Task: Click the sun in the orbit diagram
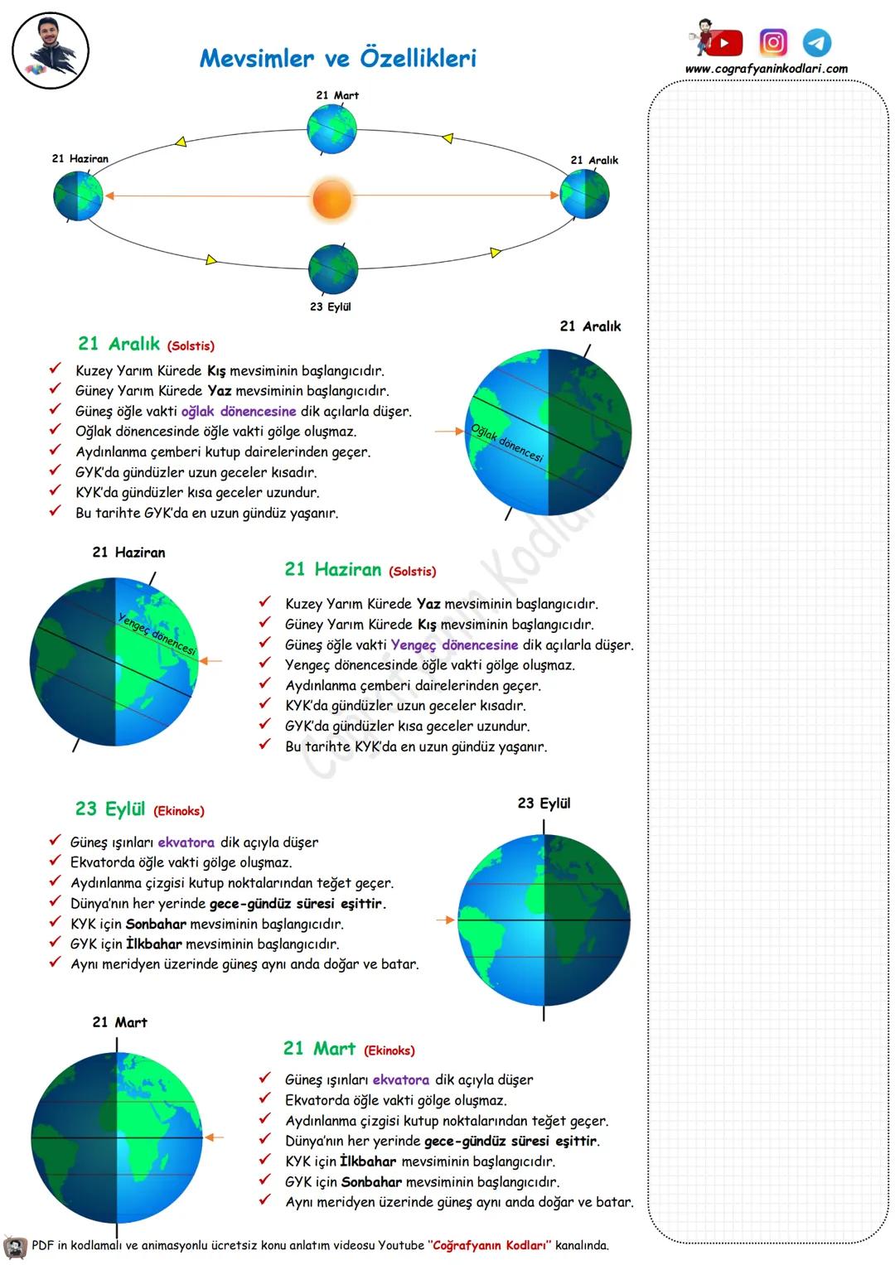[331, 199]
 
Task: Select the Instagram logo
[773, 42]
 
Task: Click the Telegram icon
[817, 42]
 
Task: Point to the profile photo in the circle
[51, 51]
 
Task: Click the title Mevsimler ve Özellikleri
[338, 59]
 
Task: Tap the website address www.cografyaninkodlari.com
[767, 69]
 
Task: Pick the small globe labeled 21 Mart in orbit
[331, 129]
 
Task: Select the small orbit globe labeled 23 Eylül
[333, 268]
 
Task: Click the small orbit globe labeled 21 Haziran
[78, 196]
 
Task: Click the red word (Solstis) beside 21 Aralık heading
[191, 346]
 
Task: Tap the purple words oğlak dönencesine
[239, 411]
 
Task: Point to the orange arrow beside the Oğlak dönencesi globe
[449, 432]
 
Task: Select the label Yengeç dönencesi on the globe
[157, 635]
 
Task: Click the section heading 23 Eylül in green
[110, 809]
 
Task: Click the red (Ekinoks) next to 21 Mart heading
[389, 1050]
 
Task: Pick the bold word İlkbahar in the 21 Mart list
[368, 1161]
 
